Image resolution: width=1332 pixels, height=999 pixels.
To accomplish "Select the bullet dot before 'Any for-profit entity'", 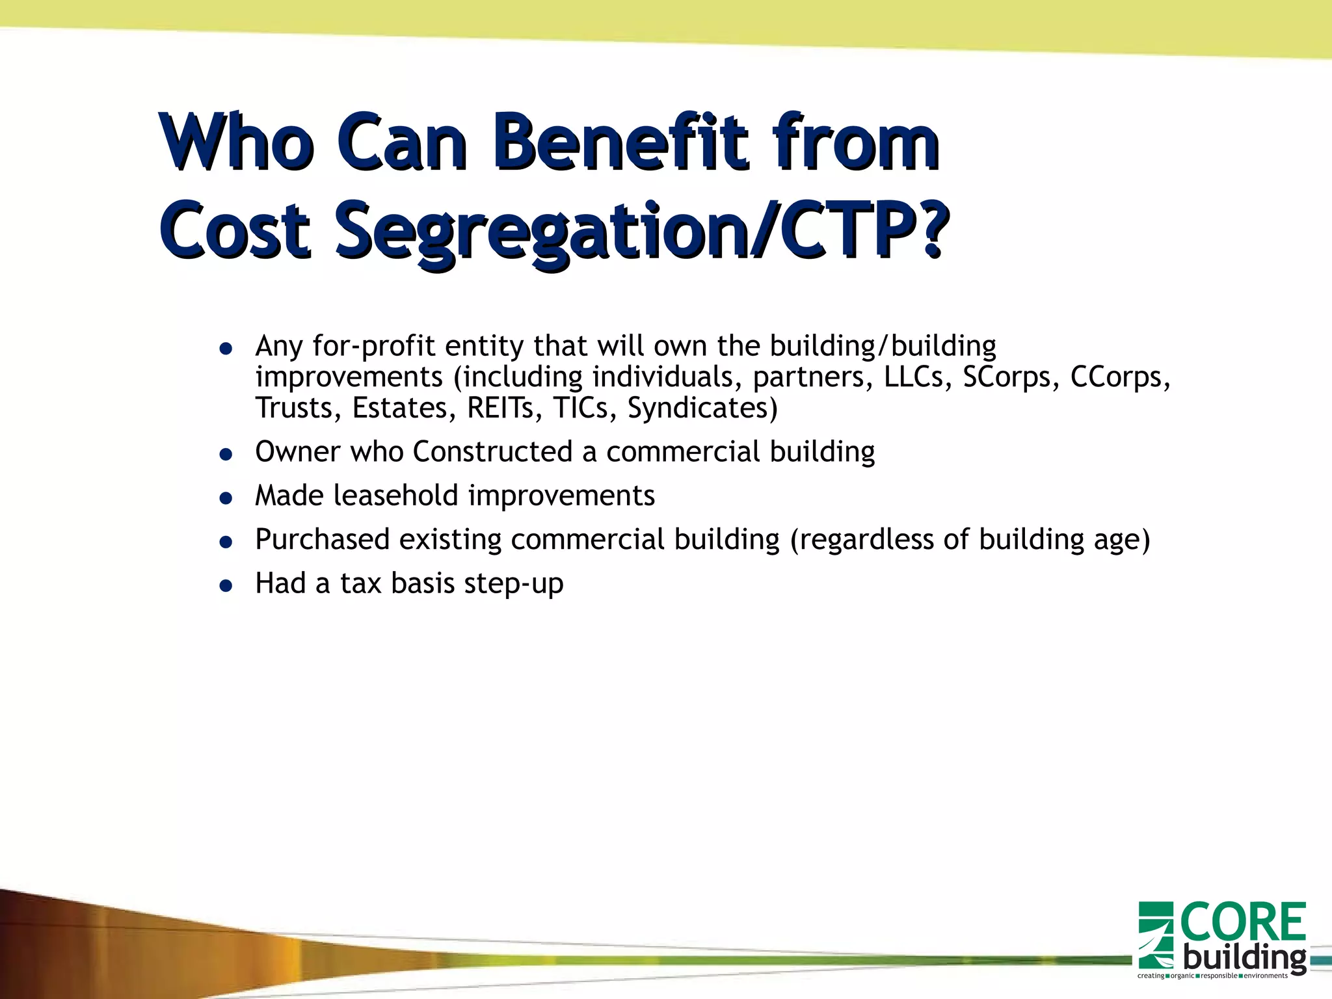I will coord(226,349).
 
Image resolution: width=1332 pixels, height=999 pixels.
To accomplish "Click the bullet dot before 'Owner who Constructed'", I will coord(226,455).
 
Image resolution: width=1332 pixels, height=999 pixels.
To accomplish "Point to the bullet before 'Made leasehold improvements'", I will coord(226,499).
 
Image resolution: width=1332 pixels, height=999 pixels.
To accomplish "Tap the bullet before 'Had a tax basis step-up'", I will coord(226,587).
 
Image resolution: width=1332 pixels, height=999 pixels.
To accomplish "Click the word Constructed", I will coord(492,451).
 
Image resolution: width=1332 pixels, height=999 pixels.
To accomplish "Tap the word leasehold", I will coord(396,496).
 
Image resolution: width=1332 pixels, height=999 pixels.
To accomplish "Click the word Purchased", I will coord(321,539).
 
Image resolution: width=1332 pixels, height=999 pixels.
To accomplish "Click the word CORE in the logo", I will coord(1242,922).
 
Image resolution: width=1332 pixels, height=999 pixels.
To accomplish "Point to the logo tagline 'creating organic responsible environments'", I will coord(1212,976).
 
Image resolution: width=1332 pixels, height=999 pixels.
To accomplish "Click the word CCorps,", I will coord(1120,377).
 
